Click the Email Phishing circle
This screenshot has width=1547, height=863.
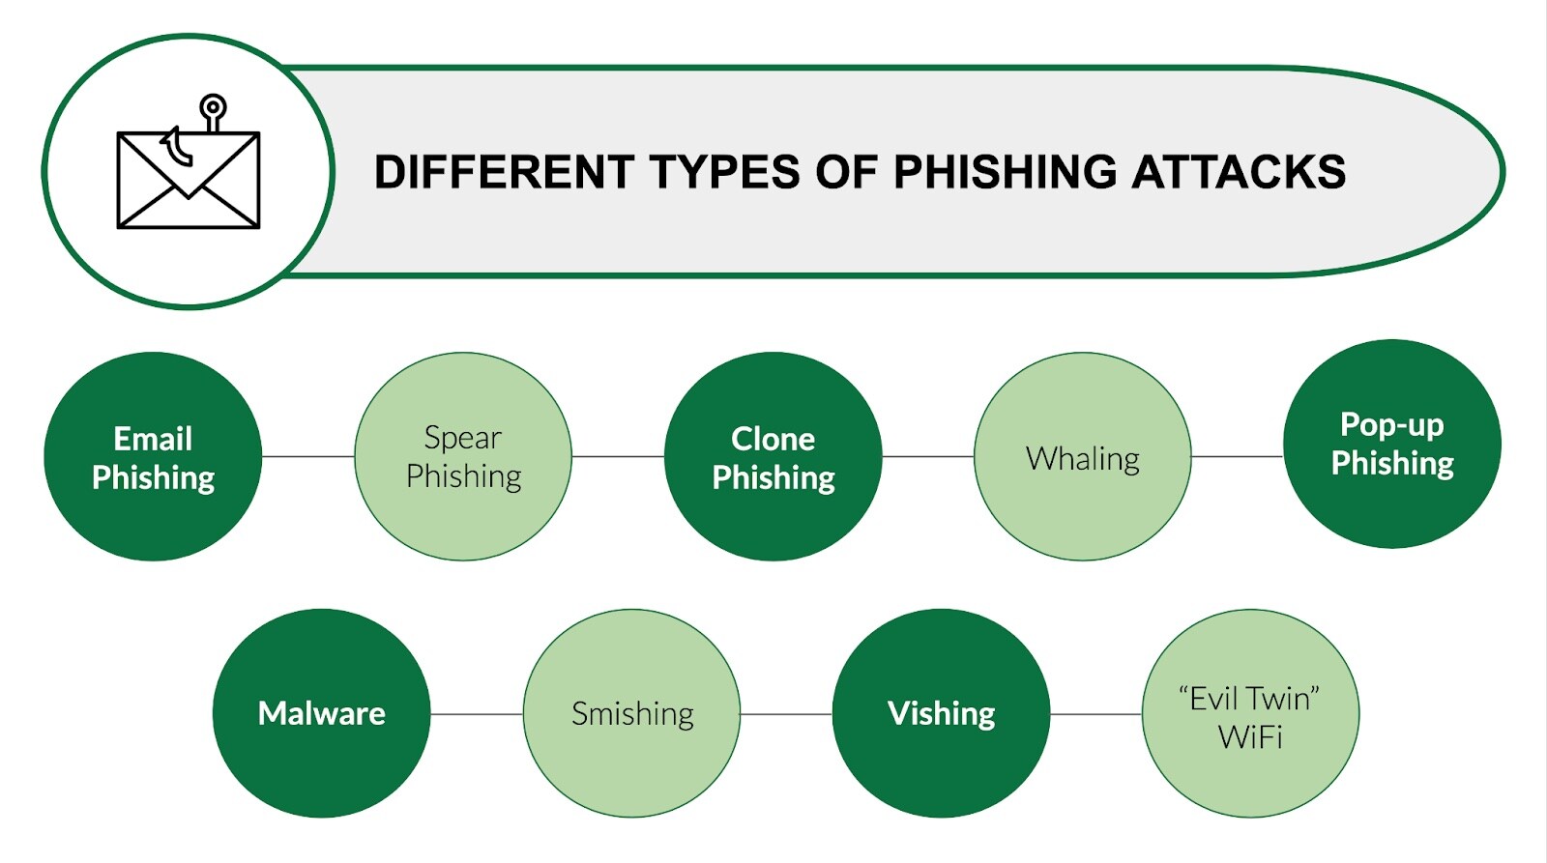153,456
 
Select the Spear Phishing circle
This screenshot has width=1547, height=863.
463,456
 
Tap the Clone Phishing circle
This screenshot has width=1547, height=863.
773,456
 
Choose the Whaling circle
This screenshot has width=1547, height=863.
1083,456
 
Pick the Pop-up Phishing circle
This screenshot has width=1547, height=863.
1392,444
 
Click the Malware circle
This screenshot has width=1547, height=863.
321,713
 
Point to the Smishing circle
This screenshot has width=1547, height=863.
632,713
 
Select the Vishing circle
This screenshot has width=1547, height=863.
941,713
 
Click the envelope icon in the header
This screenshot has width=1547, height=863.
189,182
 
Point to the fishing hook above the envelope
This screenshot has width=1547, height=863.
212,108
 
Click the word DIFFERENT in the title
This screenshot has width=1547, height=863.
503,172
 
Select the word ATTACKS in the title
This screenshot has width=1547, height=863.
1238,172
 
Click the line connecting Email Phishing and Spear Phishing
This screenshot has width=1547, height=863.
308,456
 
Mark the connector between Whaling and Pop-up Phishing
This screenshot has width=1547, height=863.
1238,456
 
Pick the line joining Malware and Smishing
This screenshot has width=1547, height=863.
477,714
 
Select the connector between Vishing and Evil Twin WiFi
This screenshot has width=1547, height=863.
1095,714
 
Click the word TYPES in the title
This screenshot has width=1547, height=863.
724,172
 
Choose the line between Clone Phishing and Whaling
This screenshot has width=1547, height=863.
928,456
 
